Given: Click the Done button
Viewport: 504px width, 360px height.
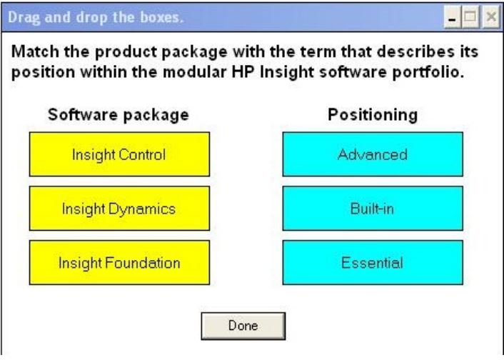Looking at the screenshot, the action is pyautogui.click(x=243, y=326).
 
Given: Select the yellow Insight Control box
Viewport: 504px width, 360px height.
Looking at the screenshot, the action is pyautogui.click(x=119, y=154).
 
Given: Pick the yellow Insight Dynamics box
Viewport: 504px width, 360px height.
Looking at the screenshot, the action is pyautogui.click(x=119, y=209).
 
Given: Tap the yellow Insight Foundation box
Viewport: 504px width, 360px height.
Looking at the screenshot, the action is pyautogui.click(x=119, y=263).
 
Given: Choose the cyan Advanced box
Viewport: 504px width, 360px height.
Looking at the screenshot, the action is pyautogui.click(x=373, y=154).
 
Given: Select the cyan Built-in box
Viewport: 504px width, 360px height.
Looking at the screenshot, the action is pyautogui.click(x=373, y=209).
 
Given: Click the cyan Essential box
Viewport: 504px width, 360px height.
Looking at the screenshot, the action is pyautogui.click(x=373, y=263).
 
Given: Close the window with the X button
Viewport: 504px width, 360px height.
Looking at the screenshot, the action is pyautogui.click(x=491, y=16).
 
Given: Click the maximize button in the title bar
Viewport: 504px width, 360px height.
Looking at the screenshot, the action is pyautogui.click(x=470, y=16).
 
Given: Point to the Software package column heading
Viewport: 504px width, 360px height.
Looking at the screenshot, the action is pyautogui.click(x=119, y=115).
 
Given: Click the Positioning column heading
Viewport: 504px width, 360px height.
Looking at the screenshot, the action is pyautogui.click(x=373, y=115).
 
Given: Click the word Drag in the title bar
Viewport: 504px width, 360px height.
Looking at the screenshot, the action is pyautogui.click(x=24, y=17).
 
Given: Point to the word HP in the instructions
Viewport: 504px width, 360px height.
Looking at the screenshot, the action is pyautogui.click(x=243, y=71).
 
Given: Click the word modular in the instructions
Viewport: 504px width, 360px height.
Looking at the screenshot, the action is pyautogui.click(x=194, y=71).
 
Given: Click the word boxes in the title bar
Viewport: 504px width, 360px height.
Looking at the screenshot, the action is pyautogui.click(x=161, y=17).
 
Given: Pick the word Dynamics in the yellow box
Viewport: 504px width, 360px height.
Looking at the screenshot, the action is pyautogui.click(x=142, y=209).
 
